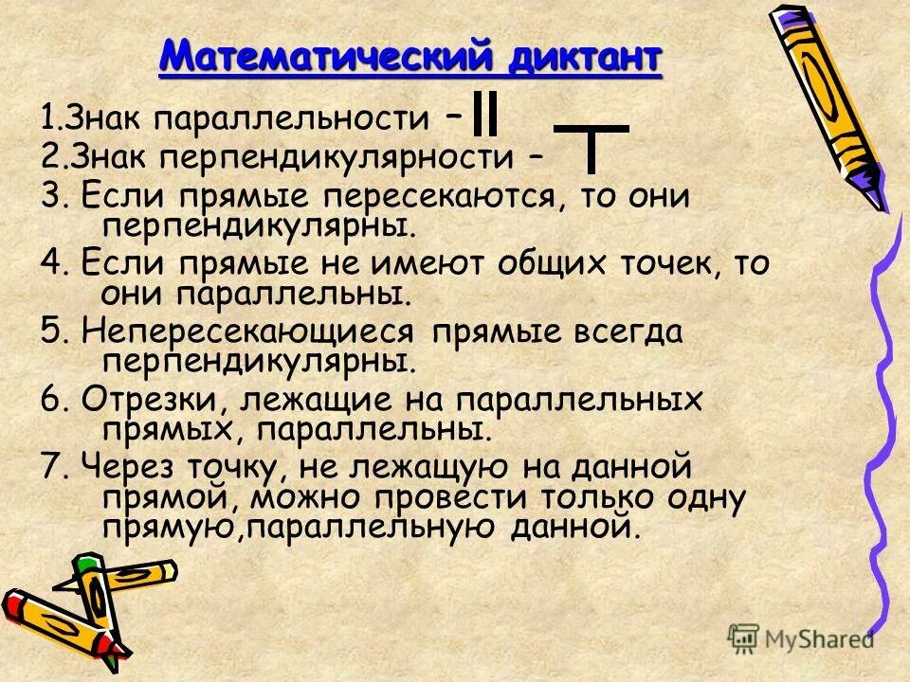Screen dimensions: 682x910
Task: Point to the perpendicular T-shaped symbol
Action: pos(591,147)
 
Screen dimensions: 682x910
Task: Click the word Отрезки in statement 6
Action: pos(152,400)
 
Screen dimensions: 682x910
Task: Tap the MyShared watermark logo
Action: pos(801,637)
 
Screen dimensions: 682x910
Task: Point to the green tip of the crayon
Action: pos(89,565)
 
